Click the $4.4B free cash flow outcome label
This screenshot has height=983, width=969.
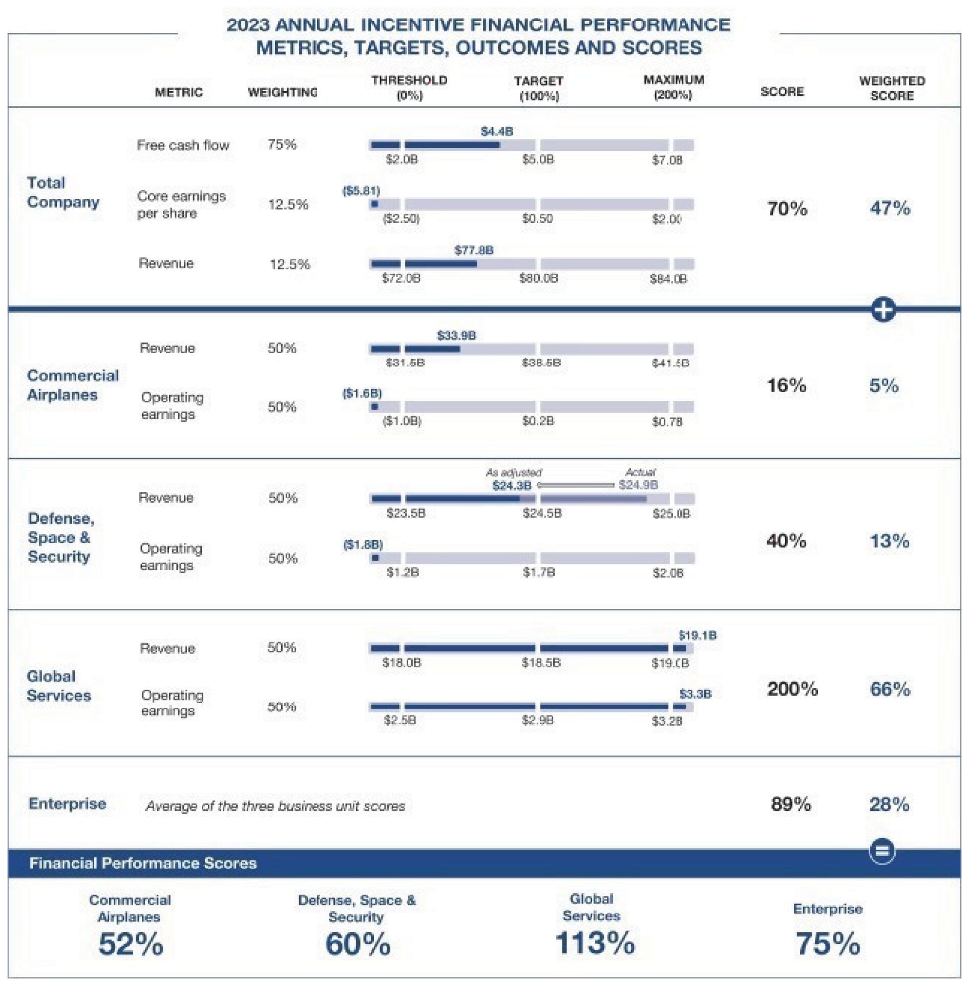tap(496, 132)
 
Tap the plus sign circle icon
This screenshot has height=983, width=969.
tap(883, 310)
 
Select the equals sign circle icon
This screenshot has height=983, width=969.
tap(882, 851)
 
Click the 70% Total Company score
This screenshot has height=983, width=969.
tap(787, 209)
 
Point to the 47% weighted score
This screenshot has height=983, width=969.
tap(890, 209)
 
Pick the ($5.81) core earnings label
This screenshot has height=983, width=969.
tap(361, 191)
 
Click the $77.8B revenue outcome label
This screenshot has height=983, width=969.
tap(474, 251)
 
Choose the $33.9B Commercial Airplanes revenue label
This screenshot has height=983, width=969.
tap(456, 336)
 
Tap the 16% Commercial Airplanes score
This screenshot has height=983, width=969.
tap(786, 385)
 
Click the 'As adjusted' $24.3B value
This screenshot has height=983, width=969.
tap(512, 485)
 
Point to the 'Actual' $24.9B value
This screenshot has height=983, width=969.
tap(638, 485)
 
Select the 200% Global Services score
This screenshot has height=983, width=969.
tap(792, 689)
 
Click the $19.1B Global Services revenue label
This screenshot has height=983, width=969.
tap(698, 636)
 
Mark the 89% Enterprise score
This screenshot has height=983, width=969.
tap(790, 804)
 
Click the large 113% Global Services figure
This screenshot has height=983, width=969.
tap(595, 943)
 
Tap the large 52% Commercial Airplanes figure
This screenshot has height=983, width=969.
tap(131, 944)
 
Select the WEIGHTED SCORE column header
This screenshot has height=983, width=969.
tap(892, 88)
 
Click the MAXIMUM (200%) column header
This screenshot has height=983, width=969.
tap(673, 88)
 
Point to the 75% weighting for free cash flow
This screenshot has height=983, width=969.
tap(282, 145)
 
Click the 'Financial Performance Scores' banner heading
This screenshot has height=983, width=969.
tap(143, 864)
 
